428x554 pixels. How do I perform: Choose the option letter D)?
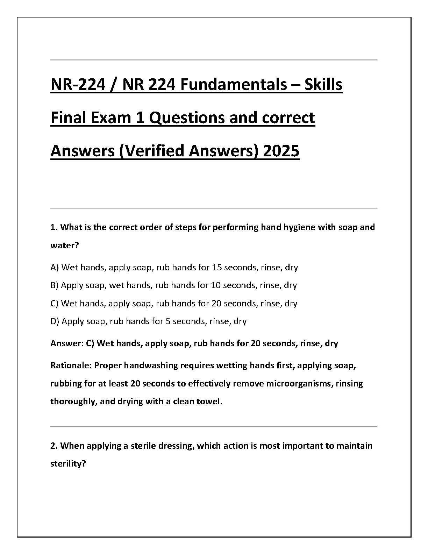[x=55, y=321]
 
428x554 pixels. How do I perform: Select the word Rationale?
[x=71, y=365]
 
